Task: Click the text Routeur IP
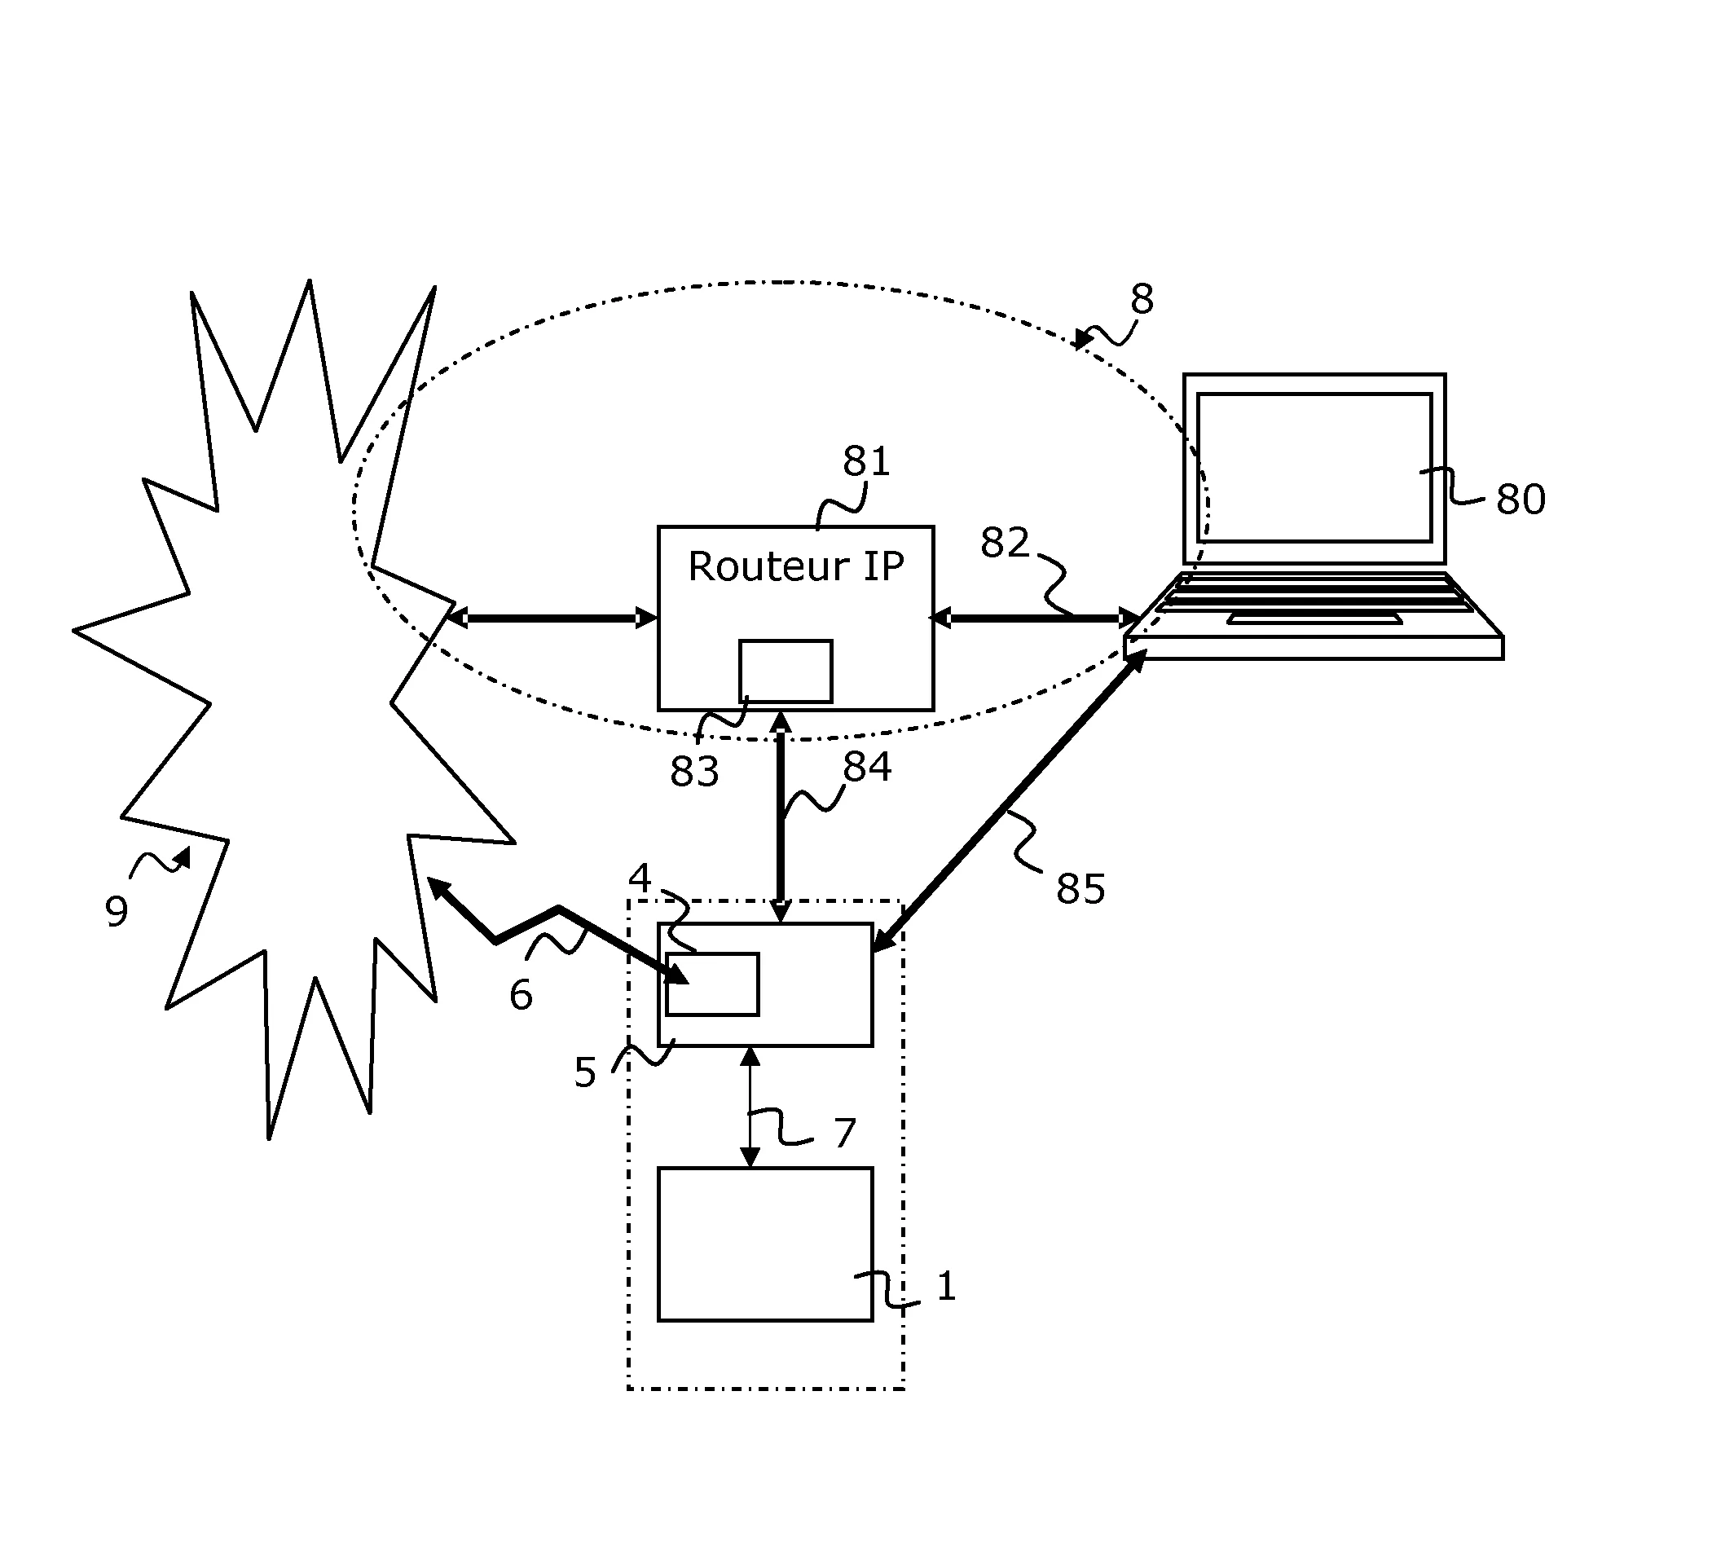pos(795,566)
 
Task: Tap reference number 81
pos(865,461)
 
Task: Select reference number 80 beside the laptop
pos(1520,499)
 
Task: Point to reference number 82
pos(1005,542)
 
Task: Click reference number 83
pos(694,772)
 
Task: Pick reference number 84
pos(866,766)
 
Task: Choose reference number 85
pos(1080,888)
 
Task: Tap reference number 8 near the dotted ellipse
pos(1141,299)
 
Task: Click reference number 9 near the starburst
pos(117,911)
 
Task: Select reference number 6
pos(520,994)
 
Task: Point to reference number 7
pos(844,1133)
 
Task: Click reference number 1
pos(946,1287)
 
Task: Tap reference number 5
pos(584,1072)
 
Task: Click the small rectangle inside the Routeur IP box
pos(785,671)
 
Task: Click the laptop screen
pos(1314,467)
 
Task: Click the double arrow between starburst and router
pos(552,619)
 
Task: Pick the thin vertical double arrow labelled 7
pos(750,1107)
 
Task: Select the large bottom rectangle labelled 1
pos(764,1244)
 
